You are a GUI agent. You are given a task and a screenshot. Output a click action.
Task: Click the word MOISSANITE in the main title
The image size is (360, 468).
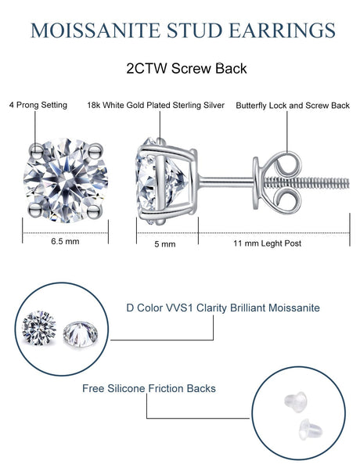[95, 31]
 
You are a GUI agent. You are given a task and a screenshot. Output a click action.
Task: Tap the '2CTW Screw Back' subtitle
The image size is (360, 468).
[186, 68]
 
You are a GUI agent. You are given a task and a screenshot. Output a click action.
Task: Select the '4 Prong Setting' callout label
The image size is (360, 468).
[38, 105]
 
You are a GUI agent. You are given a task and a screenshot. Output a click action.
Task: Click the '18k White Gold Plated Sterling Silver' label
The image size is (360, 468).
[156, 106]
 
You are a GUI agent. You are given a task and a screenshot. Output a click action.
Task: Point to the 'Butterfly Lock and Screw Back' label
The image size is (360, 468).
[293, 106]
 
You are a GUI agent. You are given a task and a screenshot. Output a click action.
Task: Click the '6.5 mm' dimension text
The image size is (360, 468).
[66, 241]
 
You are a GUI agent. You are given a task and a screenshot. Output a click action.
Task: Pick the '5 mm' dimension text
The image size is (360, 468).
[165, 244]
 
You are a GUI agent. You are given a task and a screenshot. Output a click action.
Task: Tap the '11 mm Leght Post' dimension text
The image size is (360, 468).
[267, 243]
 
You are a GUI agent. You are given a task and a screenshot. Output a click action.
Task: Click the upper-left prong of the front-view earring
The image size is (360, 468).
[37, 149]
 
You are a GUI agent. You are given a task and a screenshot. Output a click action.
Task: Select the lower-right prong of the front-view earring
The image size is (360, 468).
[95, 210]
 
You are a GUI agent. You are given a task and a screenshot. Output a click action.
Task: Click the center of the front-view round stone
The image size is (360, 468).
[66, 180]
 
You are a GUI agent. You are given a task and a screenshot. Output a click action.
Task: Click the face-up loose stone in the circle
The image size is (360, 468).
[39, 327]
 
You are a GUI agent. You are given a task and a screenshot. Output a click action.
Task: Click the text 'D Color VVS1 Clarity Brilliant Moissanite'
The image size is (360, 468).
[223, 308]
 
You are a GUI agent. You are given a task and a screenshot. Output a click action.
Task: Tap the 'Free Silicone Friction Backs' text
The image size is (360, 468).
[149, 388]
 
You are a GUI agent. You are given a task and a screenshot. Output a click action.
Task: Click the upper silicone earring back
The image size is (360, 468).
[296, 402]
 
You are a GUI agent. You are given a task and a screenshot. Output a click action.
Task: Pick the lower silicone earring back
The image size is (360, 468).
[311, 430]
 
